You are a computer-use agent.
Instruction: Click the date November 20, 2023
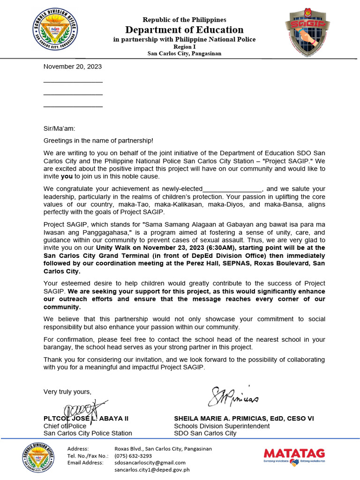pyautogui.click(x=73, y=67)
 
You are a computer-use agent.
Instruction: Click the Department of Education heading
pyautogui.click(x=185, y=30)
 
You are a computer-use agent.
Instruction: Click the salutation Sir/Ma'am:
pyautogui.click(x=59, y=128)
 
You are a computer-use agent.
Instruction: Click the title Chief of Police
pyautogui.click(x=65, y=426)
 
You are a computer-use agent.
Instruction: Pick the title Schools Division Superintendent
pyautogui.click(x=222, y=426)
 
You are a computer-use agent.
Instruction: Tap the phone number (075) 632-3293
pyautogui.click(x=133, y=456)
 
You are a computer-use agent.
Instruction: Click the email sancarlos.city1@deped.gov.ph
pyautogui.click(x=152, y=470)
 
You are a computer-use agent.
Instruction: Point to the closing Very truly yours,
pyautogui.click(x=67, y=391)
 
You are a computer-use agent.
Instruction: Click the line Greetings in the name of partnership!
pyautogui.click(x=98, y=141)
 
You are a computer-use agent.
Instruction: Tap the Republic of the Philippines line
pyautogui.click(x=184, y=20)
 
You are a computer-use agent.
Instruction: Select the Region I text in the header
pyautogui.click(x=184, y=47)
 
